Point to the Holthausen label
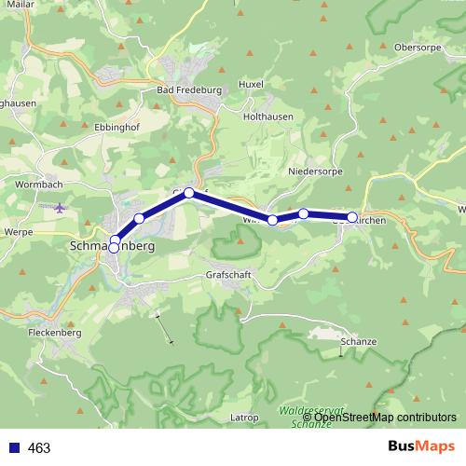coord(269,116)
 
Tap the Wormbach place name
coord(38,185)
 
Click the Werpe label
coord(18,230)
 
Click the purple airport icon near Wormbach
coord(62,207)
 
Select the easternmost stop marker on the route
coord(352,217)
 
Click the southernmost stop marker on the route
coord(114,248)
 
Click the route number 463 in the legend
coord(40,448)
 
